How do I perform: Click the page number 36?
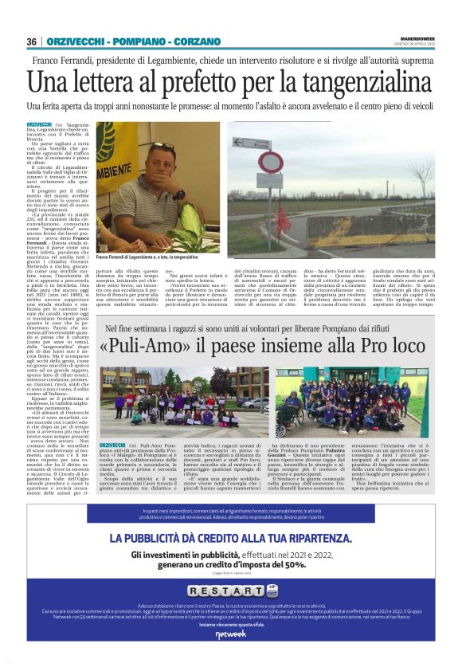(x=32, y=41)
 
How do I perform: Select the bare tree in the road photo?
(x=423, y=171)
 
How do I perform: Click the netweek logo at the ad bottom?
(x=230, y=634)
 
